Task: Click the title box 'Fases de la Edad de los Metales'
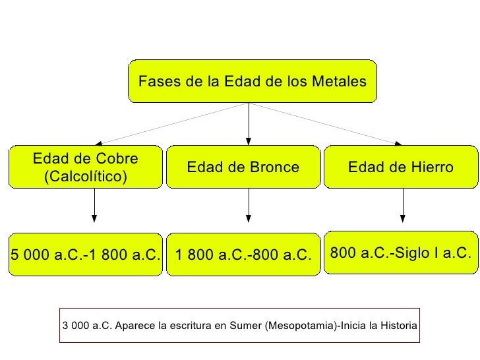click(252, 82)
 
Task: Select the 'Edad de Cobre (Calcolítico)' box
click(86, 167)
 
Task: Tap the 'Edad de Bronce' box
click(243, 167)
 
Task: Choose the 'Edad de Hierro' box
click(400, 167)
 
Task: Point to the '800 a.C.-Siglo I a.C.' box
click(400, 253)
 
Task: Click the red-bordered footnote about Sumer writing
click(239, 326)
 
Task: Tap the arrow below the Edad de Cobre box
click(94, 206)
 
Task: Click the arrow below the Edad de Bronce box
click(249, 206)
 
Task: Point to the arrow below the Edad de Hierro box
click(403, 206)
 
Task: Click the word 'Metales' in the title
click(340, 82)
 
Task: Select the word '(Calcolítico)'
click(86, 177)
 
